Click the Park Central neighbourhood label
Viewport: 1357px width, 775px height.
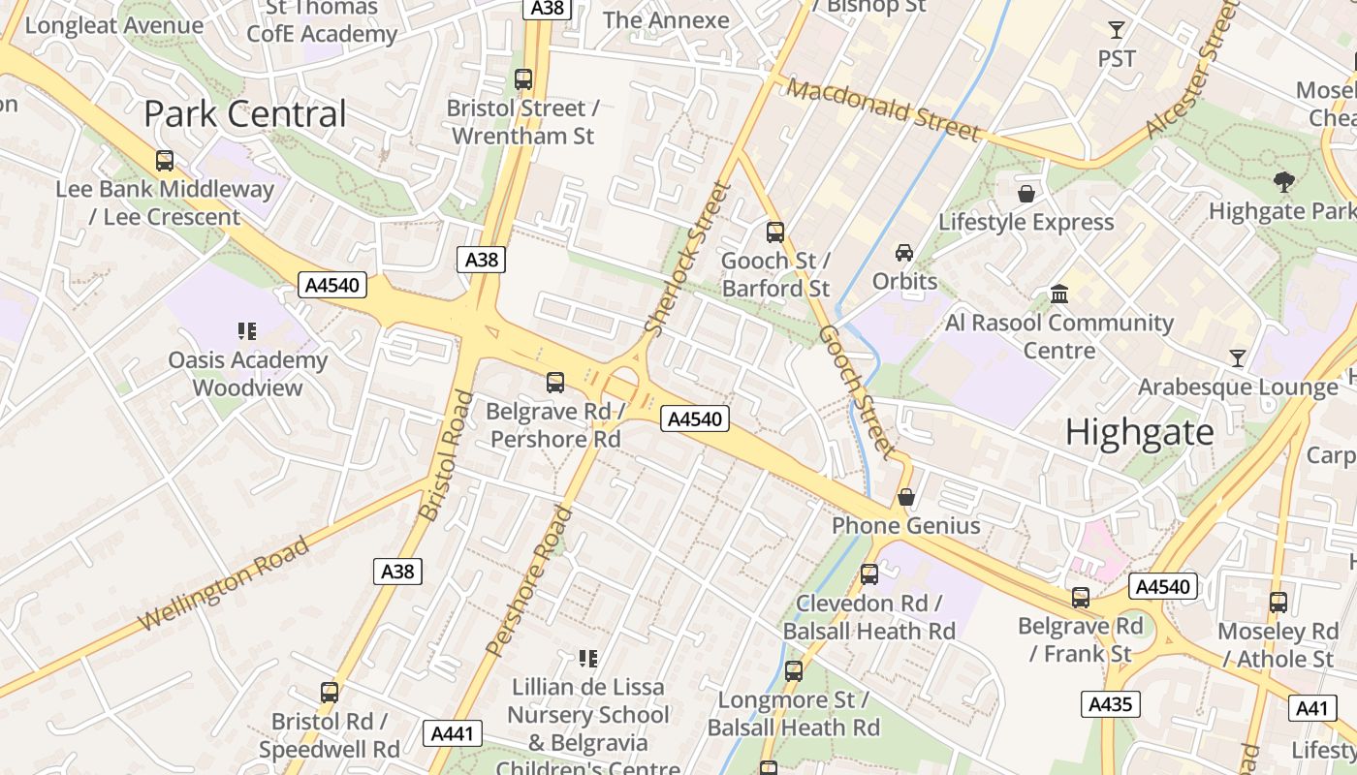[x=244, y=113]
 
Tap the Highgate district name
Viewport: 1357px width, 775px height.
[x=1139, y=432]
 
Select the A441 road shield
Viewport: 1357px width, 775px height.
[x=453, y=733]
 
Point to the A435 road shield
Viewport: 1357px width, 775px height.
[x=1110, y=704]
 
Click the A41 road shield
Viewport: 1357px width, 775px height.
[x=1312, y=708]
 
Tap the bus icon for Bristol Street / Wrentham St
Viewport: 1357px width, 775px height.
[x=523, y=79]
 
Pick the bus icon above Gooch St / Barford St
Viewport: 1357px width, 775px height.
[x=775, y=232]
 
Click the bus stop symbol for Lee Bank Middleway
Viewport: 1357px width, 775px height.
[x=165, y=161]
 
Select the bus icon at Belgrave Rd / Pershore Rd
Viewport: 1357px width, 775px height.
[x=555, y=383]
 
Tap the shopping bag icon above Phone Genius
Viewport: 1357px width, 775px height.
[x=906, y=498]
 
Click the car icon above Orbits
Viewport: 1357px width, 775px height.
[x=904, y=253]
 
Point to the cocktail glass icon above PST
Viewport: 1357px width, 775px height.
[x=1117, y=30]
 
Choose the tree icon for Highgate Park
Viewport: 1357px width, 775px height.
[x=1284, y=182]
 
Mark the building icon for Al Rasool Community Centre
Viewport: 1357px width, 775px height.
[x=1059, y=294]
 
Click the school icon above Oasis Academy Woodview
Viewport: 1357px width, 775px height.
[x=247, y=331]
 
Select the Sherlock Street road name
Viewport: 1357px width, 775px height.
[x=687, y=259]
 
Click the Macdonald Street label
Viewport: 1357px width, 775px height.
[x=883, y=108]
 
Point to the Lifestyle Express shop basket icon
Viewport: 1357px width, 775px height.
[x=1026, y=194]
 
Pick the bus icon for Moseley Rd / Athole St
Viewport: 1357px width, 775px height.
[x=1278, y=603]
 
